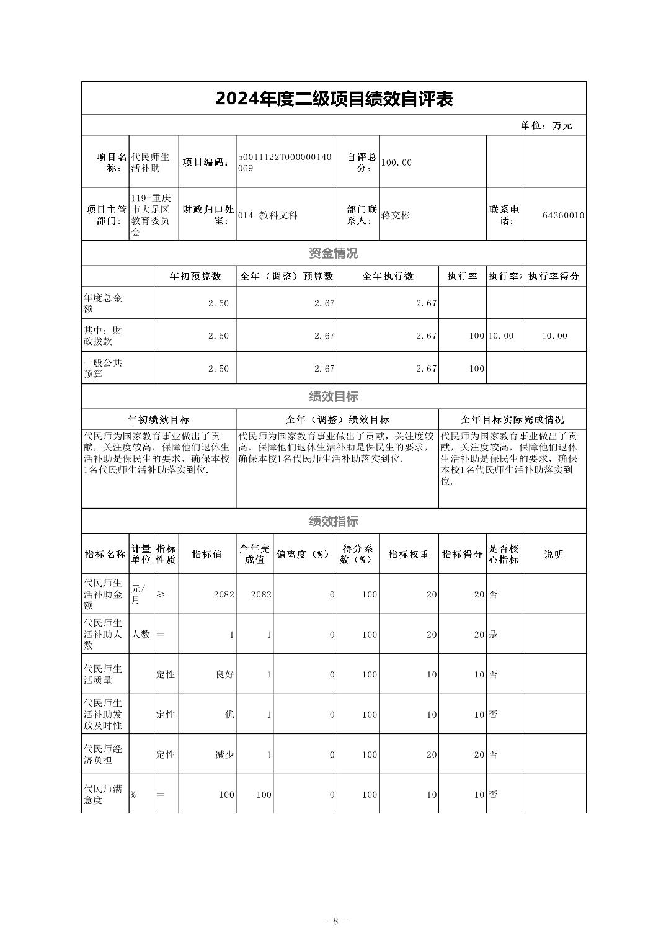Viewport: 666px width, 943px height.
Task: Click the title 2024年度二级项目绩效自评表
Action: [x=334, y=99]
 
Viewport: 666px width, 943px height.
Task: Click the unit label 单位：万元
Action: [x=546, y=125]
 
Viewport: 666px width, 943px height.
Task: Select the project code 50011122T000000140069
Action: [x=285, y=163]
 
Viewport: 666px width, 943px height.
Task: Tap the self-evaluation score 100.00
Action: [x=396, y=163]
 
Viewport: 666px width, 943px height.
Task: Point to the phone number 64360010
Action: [x=562, y=215]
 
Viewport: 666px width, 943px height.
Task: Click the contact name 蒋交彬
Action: [x=396, y=215]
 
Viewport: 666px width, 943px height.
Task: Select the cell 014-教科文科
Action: [x=267, y=215]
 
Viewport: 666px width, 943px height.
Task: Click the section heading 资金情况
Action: [x=334, y=253]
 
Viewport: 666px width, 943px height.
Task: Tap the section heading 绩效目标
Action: [x=334, y=396]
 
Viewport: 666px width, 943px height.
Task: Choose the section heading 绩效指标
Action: [x=334, y=521]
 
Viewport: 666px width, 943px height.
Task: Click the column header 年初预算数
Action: [x=195, y=276]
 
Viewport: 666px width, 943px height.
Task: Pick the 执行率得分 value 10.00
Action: [x=554, y=336]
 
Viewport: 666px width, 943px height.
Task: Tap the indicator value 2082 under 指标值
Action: [x=223, y=594]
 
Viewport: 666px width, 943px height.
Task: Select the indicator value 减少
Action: [x=224, y=754]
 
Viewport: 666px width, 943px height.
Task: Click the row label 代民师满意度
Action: [x=103, y=795]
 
